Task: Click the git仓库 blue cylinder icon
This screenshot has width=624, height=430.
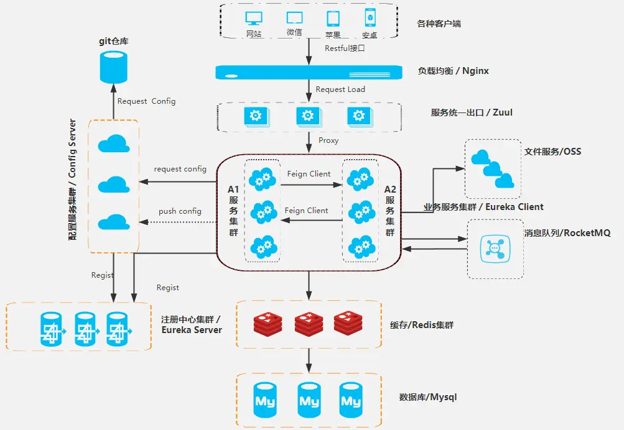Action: point(113,68)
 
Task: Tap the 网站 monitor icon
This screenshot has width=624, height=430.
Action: point(254,19)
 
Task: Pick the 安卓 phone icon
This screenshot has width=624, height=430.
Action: point(369,19)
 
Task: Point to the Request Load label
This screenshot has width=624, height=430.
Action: point(340,89)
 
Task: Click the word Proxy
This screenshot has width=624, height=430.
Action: point(328,140)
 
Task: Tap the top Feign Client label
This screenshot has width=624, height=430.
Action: point(309,174)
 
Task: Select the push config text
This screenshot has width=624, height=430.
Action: point(180,211)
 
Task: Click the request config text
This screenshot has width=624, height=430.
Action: point(180,169)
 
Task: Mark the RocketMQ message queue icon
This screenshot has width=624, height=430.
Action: point(494,247)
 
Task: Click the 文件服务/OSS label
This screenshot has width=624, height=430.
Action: point(552,151)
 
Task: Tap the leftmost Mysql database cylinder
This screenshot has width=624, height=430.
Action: point(266,401)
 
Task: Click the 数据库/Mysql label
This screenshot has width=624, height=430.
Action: point(427,397)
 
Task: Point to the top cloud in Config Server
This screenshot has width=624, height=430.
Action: point(113,144)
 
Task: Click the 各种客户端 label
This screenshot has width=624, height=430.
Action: point(439,24)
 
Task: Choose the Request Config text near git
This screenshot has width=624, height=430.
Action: point(146,101)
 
